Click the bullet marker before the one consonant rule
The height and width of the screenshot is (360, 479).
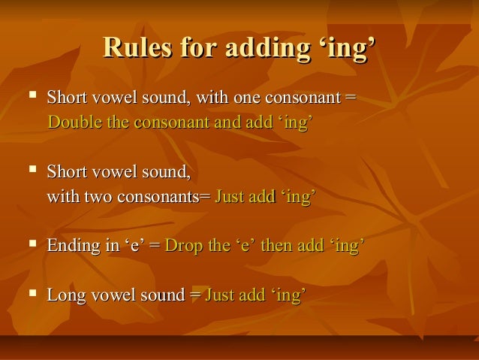[x=30, y=98]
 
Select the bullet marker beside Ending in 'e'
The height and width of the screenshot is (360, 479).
[x=30, y=245]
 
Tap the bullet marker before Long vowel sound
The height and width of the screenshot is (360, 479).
[x=30, y=295]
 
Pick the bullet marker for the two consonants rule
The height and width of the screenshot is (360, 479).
[x=30, y=173]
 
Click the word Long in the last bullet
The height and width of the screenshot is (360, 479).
[x=63, y=295]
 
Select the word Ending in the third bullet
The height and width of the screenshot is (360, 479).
[x=71, y=246]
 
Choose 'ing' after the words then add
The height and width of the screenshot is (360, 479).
[x=347, y=246]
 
